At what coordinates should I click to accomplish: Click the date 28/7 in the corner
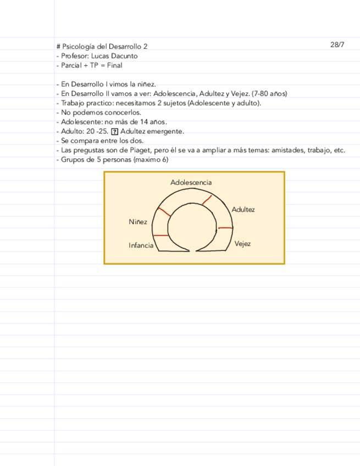[x=337, y=45]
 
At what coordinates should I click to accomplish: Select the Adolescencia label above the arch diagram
[x=191, y=182]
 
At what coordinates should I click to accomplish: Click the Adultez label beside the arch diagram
[x=243, y=210]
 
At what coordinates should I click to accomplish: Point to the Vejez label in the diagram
[x=242, y=243]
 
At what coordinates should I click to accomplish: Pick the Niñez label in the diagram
[x=138, y=222]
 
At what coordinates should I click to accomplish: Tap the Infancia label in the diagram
[x=141, y=245]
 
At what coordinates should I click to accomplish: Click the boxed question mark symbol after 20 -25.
[x=114, y=131]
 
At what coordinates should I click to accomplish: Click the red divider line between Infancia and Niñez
[x=161, y=235]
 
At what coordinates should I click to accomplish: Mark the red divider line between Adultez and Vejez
[x=225, y=228]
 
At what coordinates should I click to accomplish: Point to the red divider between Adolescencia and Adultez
[x=207, y=199]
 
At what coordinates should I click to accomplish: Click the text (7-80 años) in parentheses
[x=269, y=94]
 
